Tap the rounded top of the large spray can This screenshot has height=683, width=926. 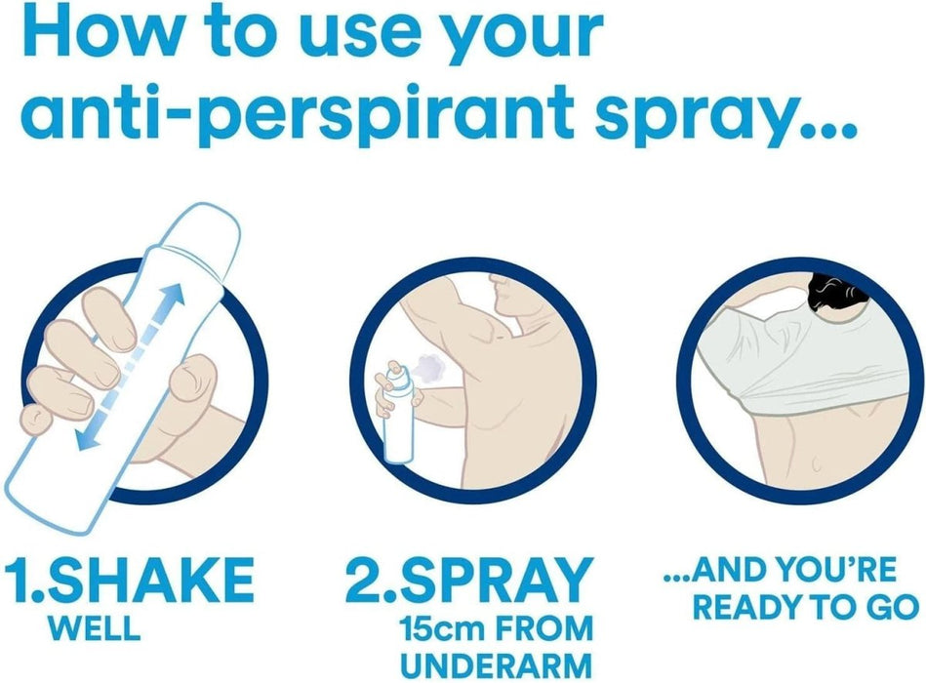pyautogui.click(x=215, y=220)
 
